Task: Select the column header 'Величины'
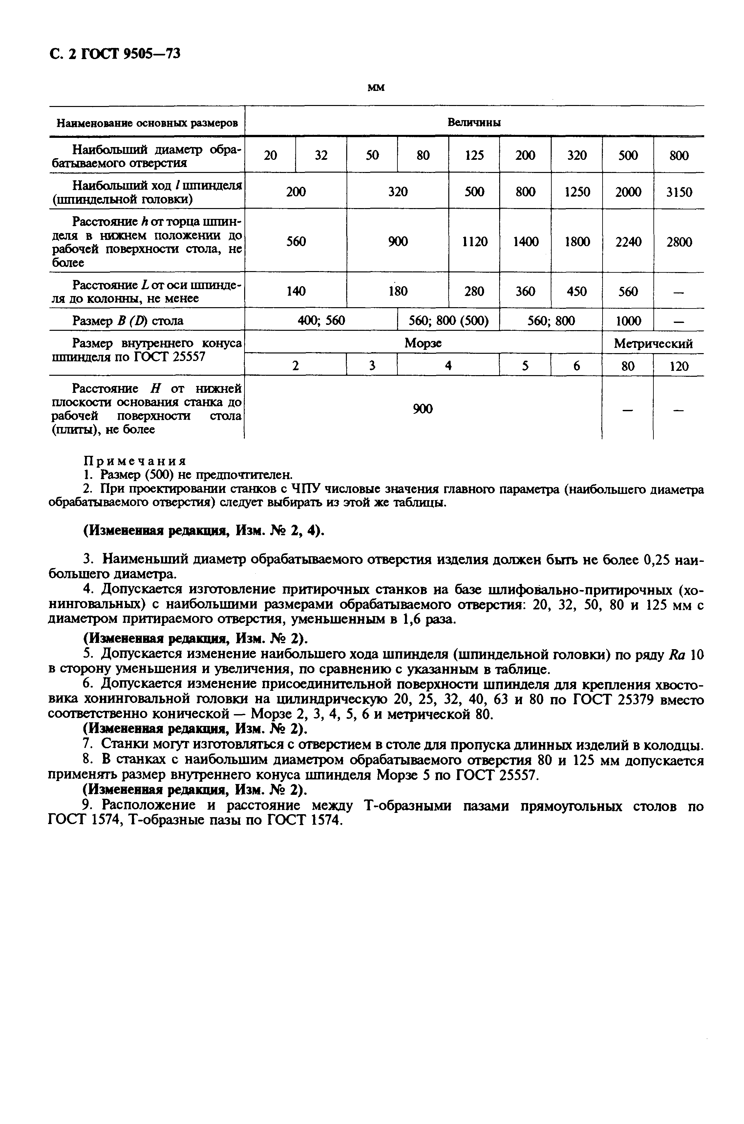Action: [474, 122]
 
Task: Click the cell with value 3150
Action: [678, 192]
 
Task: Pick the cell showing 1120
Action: [475, 242]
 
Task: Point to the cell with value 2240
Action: [628, 242]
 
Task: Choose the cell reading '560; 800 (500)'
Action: [448, 321]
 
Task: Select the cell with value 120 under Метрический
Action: [678, 366]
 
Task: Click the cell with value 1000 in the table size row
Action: [628, 321]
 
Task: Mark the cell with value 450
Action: [577, 291]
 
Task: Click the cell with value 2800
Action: [678, 242]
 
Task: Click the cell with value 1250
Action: [577, 192]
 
